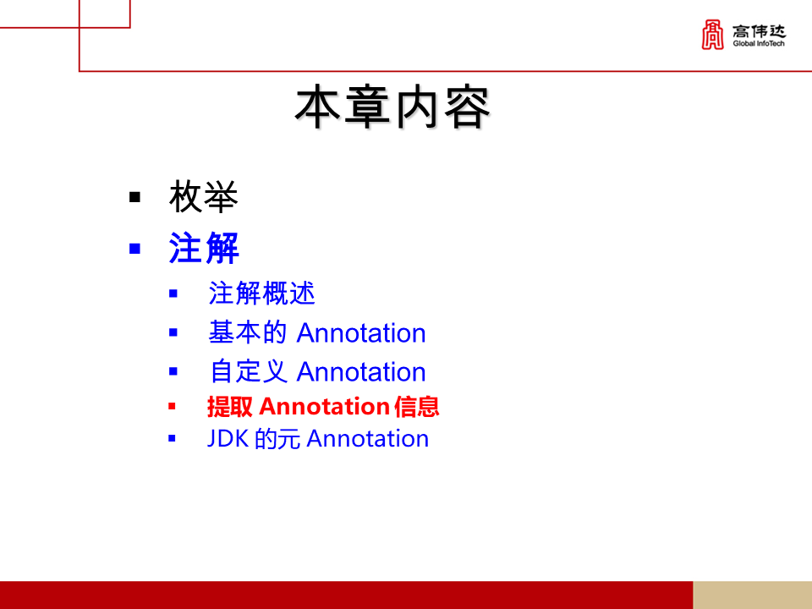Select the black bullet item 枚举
click(204, 198)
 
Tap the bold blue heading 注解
click(204, 249)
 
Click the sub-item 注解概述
click(261, 294)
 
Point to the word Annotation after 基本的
click(361, 333)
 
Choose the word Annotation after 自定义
click(361, 372)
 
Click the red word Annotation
click(324, 407)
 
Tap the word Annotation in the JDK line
click(367, 439)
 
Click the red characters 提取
click(230, 407)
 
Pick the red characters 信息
click(417, 407)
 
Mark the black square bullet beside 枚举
click(134, 198)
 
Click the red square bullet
click(173, 407)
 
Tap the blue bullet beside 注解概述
click(173, 294)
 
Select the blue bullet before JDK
click(173, 439)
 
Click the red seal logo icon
click(713, 35)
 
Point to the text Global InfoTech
click(759, 44)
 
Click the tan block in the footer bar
click(752, 595)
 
